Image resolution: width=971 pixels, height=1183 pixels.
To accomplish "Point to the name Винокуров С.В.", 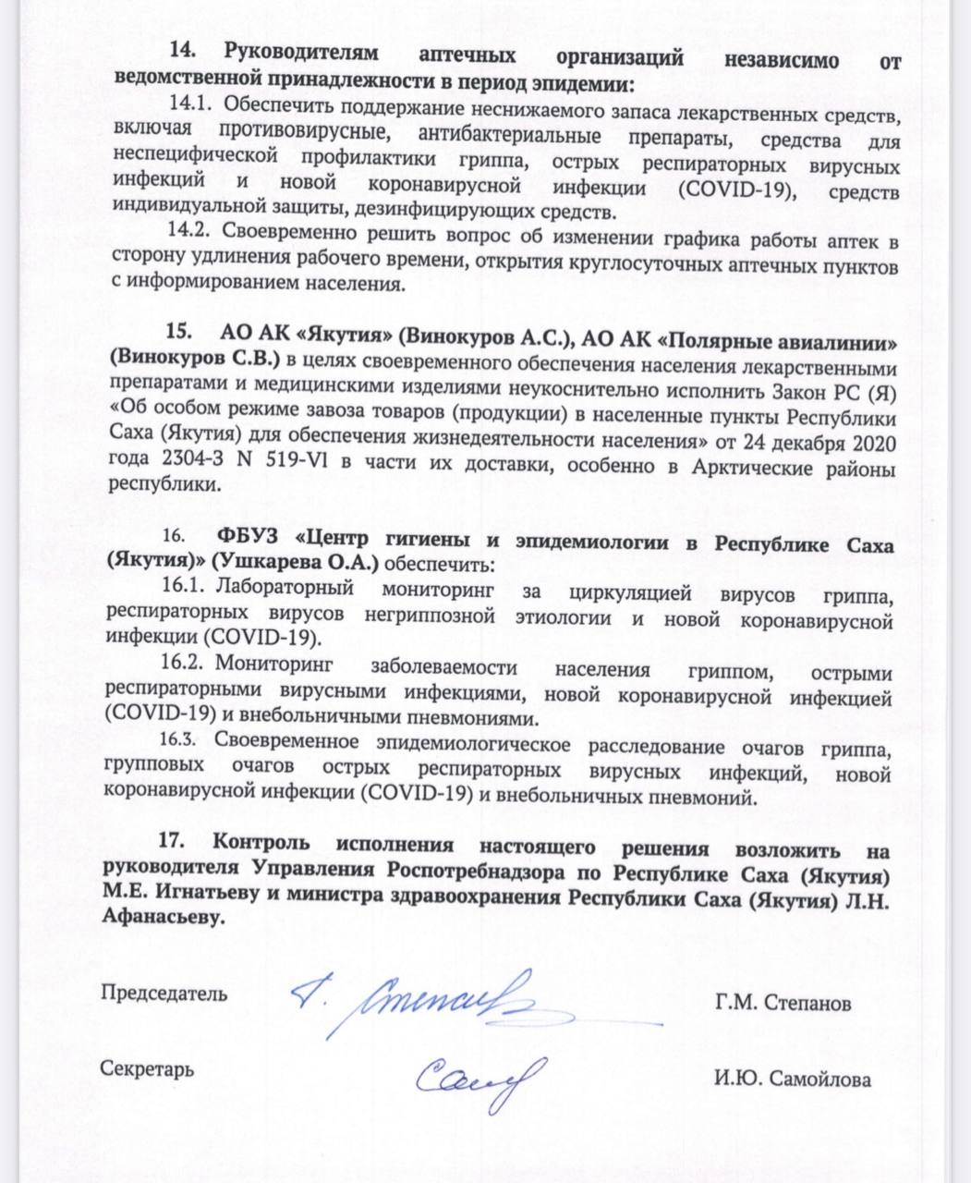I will [196, 356].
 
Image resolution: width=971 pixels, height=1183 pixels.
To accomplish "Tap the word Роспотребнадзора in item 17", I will [467, 870].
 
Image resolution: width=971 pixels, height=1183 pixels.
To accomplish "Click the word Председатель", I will [163, 994].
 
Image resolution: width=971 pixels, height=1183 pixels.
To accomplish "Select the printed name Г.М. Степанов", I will [782, 1003].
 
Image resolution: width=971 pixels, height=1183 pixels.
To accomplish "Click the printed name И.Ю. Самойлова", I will [791, 1079].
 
